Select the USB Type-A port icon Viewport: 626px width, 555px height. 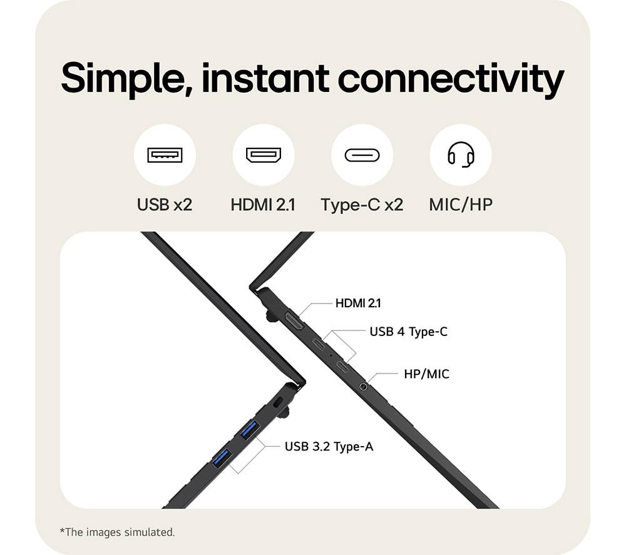165,155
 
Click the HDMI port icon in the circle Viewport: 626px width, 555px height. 264,155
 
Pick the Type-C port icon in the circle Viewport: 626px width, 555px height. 362,155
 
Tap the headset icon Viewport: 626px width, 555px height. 461,155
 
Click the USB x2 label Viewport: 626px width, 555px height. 165,205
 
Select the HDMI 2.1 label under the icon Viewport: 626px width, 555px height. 263,205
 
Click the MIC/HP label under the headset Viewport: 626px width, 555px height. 461,205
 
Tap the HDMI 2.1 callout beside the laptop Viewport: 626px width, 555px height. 358,303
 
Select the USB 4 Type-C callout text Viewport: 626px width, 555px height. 408,332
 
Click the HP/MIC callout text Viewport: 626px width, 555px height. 426,374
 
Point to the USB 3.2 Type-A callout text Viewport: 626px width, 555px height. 329,447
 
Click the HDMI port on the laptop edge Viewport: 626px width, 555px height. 294,322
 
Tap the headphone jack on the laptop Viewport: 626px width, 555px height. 363,387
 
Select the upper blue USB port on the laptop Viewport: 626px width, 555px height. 250,430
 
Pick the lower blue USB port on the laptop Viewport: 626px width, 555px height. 222,457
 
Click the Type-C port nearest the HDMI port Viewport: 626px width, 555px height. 318,343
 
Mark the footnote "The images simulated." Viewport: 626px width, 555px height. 117,532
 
